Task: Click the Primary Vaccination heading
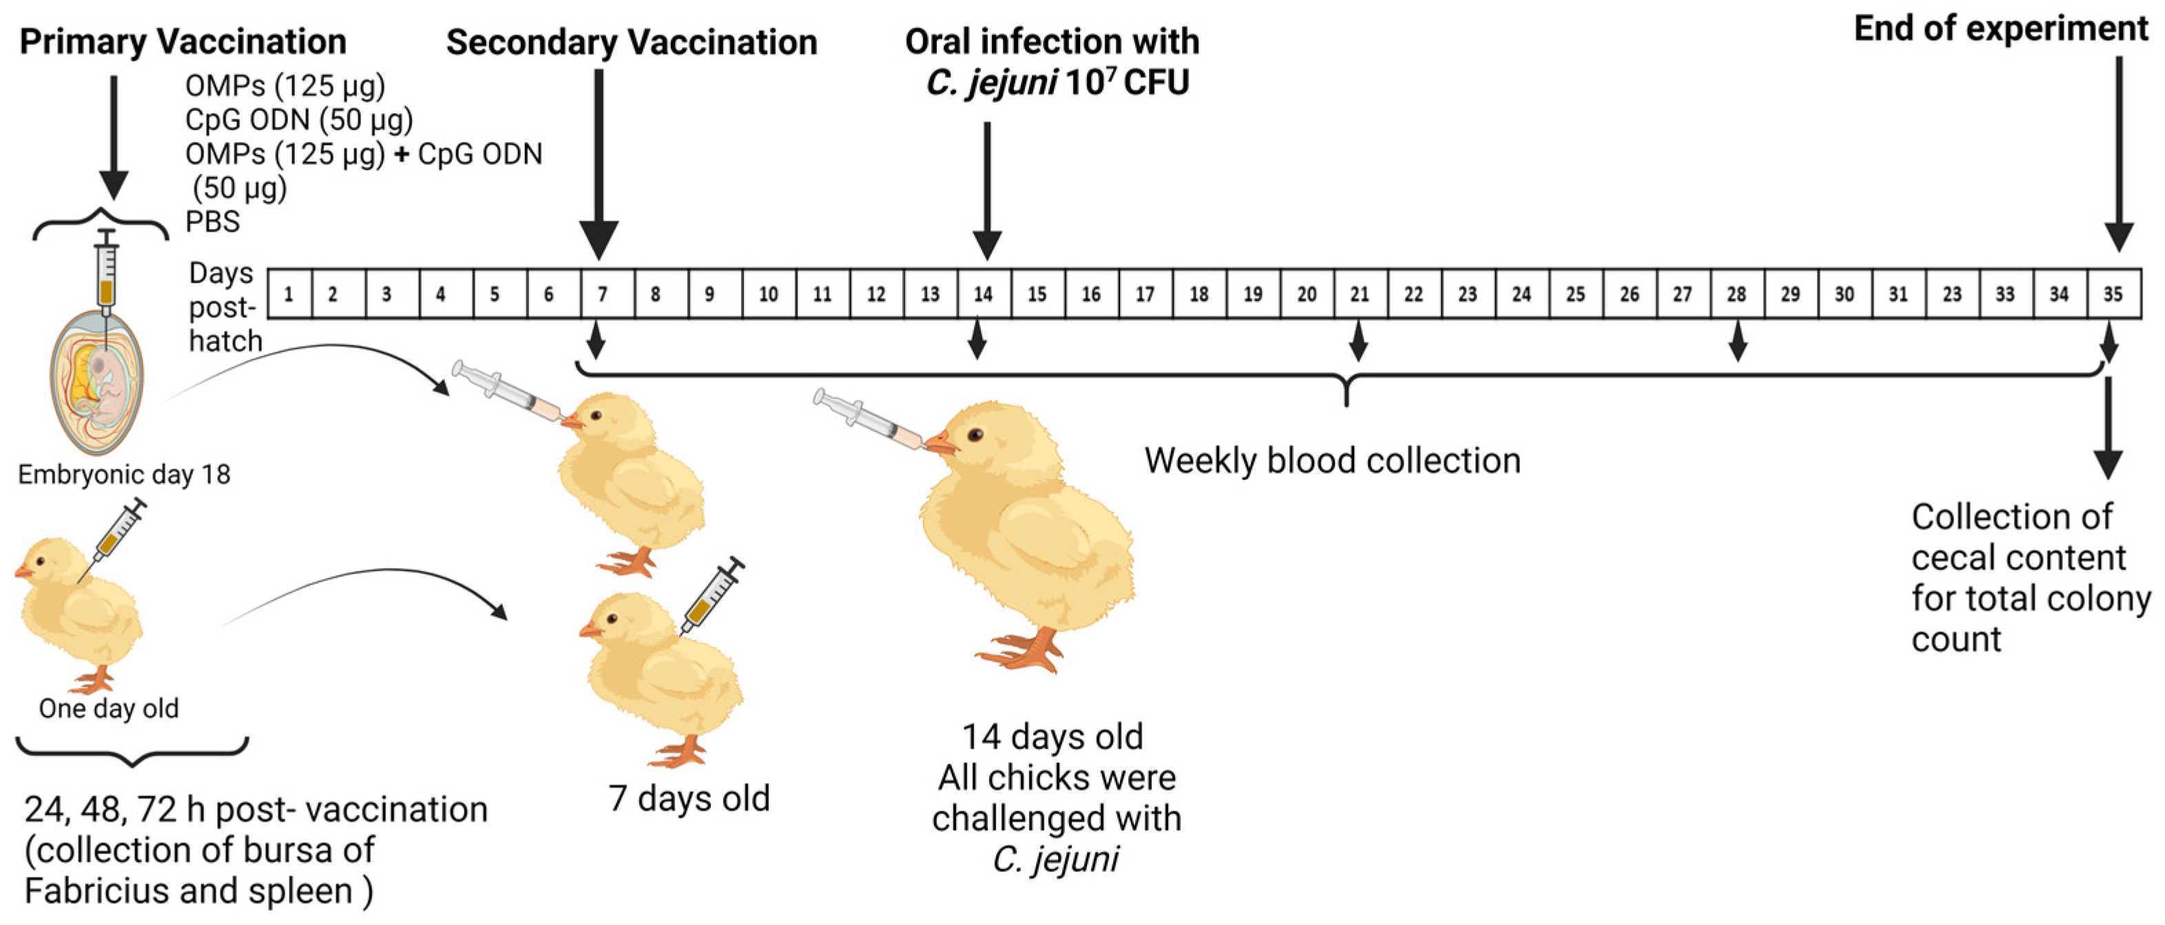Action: point(183,42)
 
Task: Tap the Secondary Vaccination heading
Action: point(631,42)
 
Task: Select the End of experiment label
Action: point(2000,28)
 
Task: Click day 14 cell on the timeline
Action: point(984,294)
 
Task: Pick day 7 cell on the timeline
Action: point(603,294)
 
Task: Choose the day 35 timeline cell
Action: point(2113,294)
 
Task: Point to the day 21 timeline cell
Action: point(1360,294)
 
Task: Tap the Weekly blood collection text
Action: point(1332,461)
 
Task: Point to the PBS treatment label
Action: point(213,222)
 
